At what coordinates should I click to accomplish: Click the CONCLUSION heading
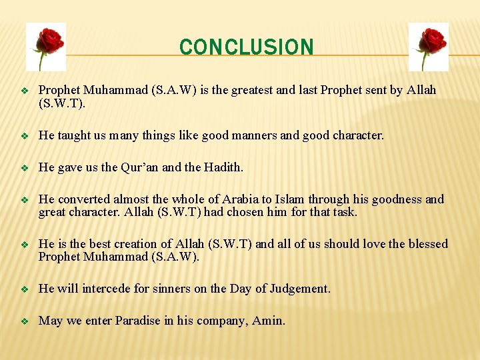(x=246, y=47)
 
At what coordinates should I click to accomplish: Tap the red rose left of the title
(x=46, y=47)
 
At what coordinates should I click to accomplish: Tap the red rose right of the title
(x=428, y=47)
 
